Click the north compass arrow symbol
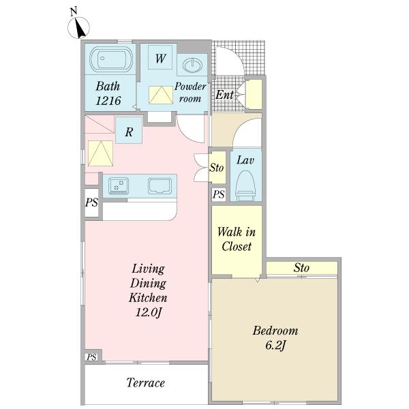79,28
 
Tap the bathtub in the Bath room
111,59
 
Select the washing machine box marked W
160,57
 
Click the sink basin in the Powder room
192,65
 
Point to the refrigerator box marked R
129,130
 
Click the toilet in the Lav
245,185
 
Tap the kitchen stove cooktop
118,185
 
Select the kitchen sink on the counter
160,186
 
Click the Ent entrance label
224,95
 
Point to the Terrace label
146,382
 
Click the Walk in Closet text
237,239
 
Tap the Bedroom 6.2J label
275,338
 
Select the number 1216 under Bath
108,101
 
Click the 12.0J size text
149,312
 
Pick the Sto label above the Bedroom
301,268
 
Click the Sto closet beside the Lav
217,167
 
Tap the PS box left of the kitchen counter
91,202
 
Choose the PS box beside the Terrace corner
91,357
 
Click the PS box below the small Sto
219,194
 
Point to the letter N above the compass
74,12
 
